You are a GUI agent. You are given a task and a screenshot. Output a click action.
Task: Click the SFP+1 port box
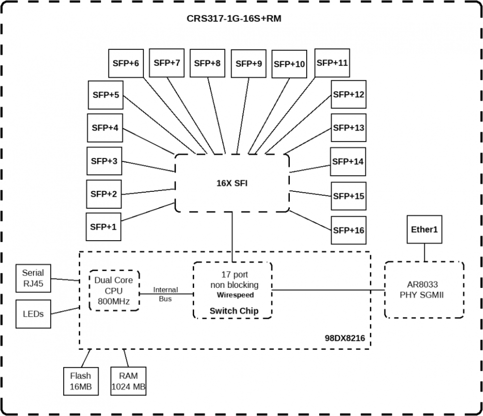[104, 227]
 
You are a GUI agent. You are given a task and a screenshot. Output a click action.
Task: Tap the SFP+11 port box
[332, 63]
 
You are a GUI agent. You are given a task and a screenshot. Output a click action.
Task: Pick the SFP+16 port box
[349, 230]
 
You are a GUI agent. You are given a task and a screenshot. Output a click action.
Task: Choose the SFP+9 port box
[248, 64]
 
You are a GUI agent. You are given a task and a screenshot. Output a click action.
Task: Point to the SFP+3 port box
[104, 161]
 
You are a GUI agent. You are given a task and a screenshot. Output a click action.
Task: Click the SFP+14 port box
[348, 162]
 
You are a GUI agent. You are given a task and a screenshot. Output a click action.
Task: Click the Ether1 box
[424, 230]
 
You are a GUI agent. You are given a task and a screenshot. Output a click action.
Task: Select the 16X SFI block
[232, 183]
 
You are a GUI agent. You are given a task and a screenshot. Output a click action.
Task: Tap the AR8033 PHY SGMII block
[424, 290]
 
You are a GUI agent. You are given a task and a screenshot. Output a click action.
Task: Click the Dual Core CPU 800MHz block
[114, 291]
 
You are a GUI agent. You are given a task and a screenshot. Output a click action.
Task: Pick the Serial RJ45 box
[33, 278]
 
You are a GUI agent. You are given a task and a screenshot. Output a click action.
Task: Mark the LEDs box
[33, 314]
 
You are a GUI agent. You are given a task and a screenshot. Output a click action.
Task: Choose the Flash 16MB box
[80, 382]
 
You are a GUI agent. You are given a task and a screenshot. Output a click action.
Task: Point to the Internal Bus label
[165, 294]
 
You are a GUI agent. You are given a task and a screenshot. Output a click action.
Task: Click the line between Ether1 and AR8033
[424, 253]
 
